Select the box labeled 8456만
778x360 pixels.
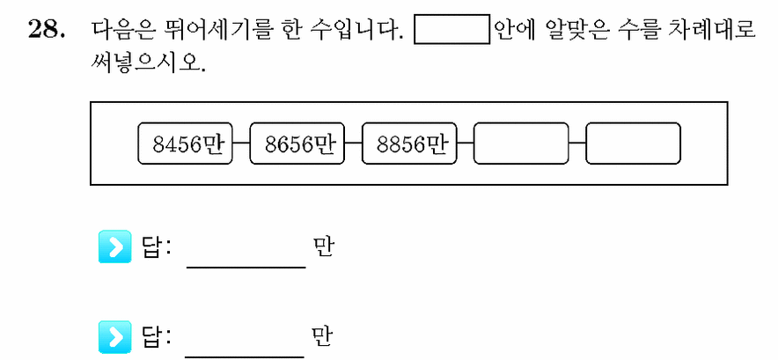185,143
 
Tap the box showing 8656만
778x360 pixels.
297,143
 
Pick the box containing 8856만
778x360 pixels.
409,143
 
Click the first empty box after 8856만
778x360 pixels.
521,143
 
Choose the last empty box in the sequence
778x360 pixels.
633,143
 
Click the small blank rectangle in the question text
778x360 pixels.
452,30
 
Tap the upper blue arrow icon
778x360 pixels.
115,246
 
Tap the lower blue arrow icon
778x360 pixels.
115,336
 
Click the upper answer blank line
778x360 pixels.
246,268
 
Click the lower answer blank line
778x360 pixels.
245,356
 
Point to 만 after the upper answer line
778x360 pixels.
323,246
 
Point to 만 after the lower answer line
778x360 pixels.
323,336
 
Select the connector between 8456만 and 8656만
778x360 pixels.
241,143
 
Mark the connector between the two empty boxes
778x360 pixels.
577,143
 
